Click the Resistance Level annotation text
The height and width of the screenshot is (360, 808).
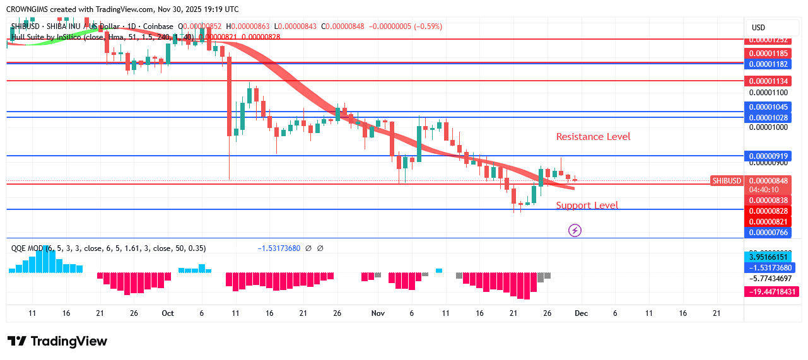(593, 137)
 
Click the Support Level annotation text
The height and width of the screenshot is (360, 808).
(587, 206)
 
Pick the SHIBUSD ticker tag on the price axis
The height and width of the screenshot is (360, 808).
(727, 181)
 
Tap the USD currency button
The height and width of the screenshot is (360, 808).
(758, 28)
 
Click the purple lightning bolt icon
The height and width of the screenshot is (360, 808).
(575, 230)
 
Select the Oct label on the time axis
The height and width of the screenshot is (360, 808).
(167, 313)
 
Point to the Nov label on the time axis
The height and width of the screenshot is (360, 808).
(378, 313)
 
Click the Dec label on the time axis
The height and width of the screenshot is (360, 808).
(581, 313)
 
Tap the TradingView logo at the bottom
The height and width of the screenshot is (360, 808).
(57, 341)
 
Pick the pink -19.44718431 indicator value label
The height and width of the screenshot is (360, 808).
(771, 292)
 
